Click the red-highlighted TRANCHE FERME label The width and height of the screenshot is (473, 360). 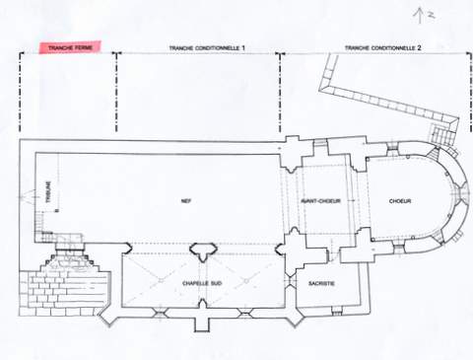(x=70, y=47)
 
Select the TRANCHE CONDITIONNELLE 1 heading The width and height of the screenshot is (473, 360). (x=207, y=48)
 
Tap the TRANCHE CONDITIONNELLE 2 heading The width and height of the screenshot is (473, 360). (x=383, y=48)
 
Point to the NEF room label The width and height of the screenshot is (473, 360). (x=186, y=201)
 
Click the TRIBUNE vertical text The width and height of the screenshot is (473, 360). (x=49, y=192)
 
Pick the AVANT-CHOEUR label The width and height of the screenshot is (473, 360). (x=321, y=201)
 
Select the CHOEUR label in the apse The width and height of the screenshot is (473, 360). (x=400, y=201)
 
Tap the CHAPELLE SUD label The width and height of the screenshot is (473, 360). (x=202, y=283)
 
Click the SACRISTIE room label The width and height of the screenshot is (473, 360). (x=321, y=283)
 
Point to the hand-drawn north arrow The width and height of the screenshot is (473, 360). (x=419, y=16)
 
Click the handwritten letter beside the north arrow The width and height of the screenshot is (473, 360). (x=431, y=15)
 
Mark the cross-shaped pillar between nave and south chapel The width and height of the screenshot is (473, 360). (x=204, y=252)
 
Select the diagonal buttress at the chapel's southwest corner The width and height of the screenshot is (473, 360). (x=108, y=316)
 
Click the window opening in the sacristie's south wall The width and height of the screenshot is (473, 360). (x=336, y=311)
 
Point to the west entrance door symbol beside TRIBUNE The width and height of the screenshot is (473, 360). (x=28, y=196)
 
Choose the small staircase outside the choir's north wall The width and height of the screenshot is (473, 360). (x=443, y=135)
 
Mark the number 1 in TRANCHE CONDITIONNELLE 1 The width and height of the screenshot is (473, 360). (x=243, y=48)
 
